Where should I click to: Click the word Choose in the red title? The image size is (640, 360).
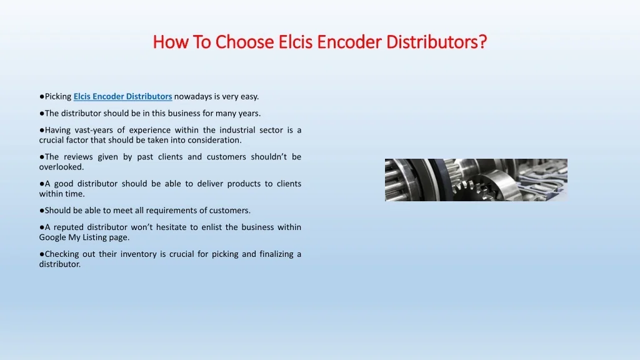(x=244, y=42)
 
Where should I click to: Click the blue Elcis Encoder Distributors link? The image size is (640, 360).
(x=123, y=96)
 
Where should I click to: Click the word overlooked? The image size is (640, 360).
(x=61, y=167)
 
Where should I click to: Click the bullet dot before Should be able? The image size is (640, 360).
(x=42, y=211)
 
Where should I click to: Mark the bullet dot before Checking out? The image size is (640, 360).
(x=42, y=254)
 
